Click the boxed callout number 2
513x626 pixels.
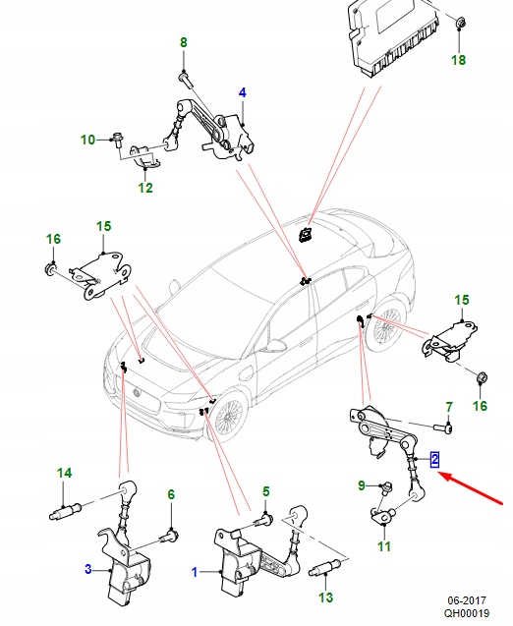point(434,460)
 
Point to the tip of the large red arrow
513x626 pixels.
point(438,473)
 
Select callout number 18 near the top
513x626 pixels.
point(459,60)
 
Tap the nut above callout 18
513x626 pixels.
point(460,24)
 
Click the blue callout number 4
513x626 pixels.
point(243,92)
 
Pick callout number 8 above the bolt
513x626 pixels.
point(183,42)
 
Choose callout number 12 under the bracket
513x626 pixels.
point(145,188)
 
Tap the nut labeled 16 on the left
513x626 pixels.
point(50,268)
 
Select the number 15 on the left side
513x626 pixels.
point(103,226)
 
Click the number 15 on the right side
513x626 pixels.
point(462,300)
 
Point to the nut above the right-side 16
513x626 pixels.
point(482,377)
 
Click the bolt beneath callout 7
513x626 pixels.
point(442,428)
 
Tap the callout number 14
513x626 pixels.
point(64,473)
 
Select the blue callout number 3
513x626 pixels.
point(88,569)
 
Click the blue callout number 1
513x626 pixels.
point(195,573)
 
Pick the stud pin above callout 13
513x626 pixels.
point(324,568)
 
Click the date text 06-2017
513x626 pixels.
point(467,601)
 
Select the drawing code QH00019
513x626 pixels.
point(467,613)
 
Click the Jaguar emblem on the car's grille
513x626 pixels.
point(137,392)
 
